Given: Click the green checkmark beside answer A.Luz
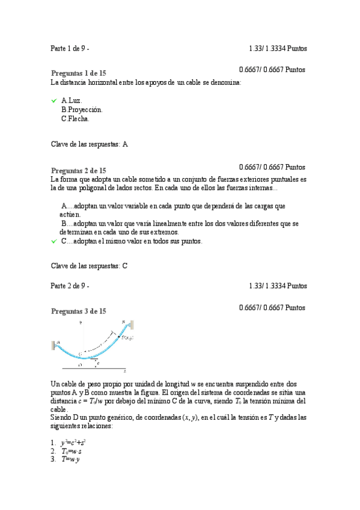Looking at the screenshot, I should (x=53, y=100).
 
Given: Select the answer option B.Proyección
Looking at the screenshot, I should (x=82, y=110).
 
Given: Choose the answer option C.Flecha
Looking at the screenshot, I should (x=75, y=119).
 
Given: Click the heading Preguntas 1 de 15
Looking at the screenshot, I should (x=79, y=72).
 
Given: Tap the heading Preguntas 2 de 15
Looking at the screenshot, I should (x=79, y=170).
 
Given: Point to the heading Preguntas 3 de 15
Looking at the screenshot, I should (x=79, y=311).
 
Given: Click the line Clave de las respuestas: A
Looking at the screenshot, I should (x=90, y=144).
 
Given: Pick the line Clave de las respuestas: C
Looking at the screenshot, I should (x=90, y=266).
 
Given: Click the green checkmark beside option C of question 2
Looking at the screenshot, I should (x=53, y=242).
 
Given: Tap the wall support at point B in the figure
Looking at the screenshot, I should (x=130, y=325).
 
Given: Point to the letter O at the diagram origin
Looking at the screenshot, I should (x=81, y=364).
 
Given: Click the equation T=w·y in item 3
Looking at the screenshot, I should (x=72, y=459).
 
